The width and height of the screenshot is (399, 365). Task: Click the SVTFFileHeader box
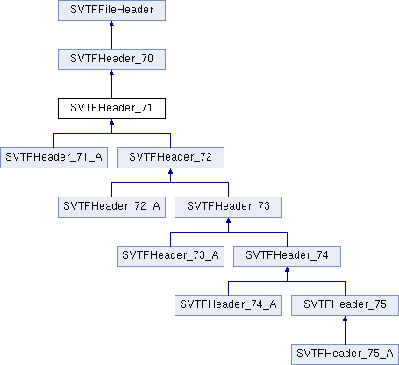pos(111,11)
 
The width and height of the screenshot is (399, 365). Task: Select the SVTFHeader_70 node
pos(111,60)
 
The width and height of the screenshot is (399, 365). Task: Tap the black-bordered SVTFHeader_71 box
pos(111,109)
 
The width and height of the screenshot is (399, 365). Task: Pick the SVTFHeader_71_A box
pos(53,158)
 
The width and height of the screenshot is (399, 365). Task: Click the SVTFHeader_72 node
pos(170,158)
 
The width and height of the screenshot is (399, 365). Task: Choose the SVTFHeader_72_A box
pos(111,207)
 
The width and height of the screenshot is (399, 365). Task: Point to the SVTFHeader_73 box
pos(228,207)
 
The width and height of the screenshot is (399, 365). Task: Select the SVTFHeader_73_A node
pos(170,256)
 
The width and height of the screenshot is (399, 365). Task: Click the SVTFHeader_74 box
pos(287,256)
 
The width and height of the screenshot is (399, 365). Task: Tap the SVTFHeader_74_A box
pos(228,305)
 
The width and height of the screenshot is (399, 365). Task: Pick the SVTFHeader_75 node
pos(345,305)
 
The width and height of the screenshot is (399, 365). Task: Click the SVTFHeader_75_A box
pos(345,354)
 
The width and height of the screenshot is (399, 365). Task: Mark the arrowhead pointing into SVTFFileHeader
pos(111,24)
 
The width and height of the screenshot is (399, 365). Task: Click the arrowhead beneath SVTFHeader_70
pos(111,73)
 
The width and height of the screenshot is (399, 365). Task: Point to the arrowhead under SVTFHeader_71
pos(111,122)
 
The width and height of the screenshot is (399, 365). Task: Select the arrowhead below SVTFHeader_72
pos(170,171)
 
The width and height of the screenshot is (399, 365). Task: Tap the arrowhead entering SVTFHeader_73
pos(228,220)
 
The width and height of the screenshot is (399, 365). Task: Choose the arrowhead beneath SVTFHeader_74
pos(287,269)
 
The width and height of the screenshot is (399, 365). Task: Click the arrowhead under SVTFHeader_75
pos(345,318)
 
